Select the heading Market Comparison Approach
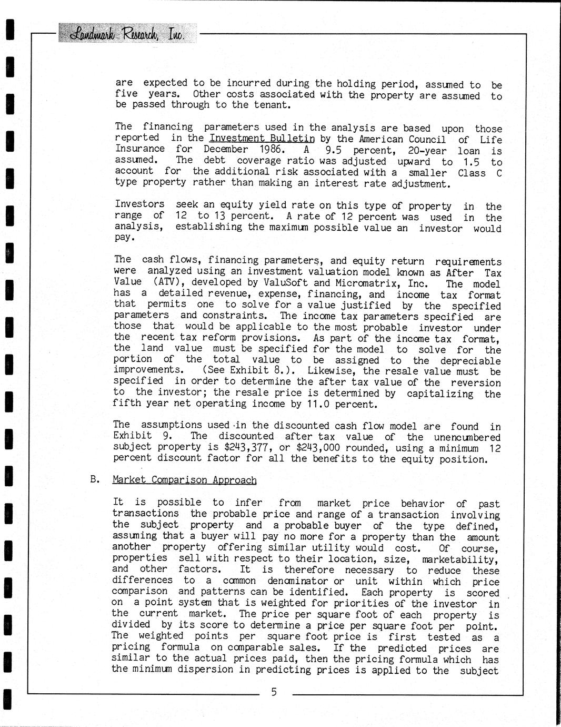[x=185, y=480]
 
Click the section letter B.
[x=95, y=479]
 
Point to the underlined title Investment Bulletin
[x=262, y=139]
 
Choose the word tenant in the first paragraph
[x=273, y=104]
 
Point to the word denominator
[x=298, y=581]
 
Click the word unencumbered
[x=467, y=437]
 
